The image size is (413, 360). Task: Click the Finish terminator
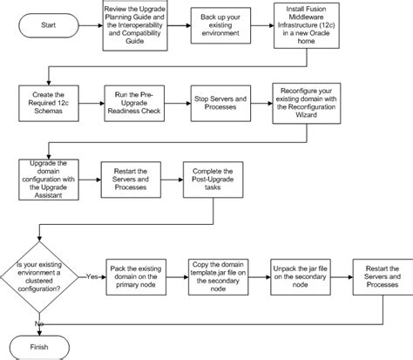point(41,343)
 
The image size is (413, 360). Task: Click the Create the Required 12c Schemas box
point(50,105)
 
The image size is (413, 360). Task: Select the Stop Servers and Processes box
point(221,105)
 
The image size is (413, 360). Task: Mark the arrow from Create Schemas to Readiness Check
point(92,105)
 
